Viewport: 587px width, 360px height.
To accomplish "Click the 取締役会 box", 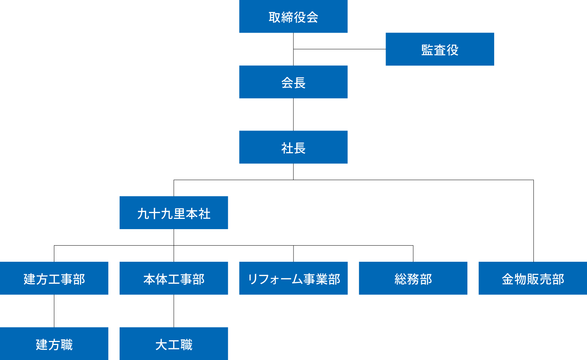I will click(x=293, y=16).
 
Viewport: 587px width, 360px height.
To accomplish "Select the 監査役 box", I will click(x=440, y=49).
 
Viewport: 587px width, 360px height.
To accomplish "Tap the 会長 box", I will click(x=293, y=82).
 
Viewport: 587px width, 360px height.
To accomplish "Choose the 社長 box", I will click(x=293, y=147).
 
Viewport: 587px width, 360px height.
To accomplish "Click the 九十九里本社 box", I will click(x=174, y=213).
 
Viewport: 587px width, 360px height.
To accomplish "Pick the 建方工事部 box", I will click(x=54, y=278).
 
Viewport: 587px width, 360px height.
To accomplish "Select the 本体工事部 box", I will click(x=174, y=278).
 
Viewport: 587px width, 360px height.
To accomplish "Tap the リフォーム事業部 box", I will click(x=293, y=278).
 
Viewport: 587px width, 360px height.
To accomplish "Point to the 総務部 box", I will click(x=413, y=278).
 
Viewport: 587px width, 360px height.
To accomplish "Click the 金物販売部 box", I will click(x=532, y=278).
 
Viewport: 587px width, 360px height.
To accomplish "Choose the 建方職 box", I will click(x=54, y=344).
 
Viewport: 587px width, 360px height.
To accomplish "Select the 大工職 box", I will click(x=174, y=344).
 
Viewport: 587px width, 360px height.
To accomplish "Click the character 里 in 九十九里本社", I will click(x=180, y=214).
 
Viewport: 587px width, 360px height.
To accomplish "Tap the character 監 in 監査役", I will click(x=427, y=50).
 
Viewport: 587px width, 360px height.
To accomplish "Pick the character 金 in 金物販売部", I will click(x=508, y=279).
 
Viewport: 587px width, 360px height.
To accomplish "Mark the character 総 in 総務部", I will click(x=401, y=279).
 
